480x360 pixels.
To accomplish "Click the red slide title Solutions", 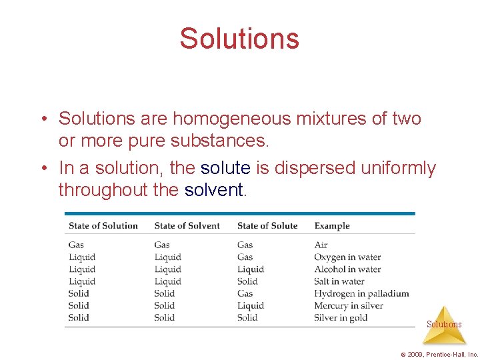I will [239, 39].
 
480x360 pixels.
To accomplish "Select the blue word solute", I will [225, 168].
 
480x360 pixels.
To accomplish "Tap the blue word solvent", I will [214, 190].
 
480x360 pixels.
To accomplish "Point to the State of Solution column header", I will [103, 225].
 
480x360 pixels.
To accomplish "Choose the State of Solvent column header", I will [187, 225].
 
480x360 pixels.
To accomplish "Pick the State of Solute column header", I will [267, 225].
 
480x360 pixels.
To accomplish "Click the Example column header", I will [332, 225].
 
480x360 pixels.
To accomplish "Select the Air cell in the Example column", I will [321, 245].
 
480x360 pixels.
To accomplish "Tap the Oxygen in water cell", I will [347, 257].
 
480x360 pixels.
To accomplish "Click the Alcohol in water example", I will [347, 269].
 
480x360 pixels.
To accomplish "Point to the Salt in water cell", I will [339, 281].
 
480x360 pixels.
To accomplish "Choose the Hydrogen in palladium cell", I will [361, 293].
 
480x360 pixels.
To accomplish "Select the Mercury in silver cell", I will [349, 305].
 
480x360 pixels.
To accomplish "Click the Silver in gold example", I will [341, 317].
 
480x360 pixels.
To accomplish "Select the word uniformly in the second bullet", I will [398, 168].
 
